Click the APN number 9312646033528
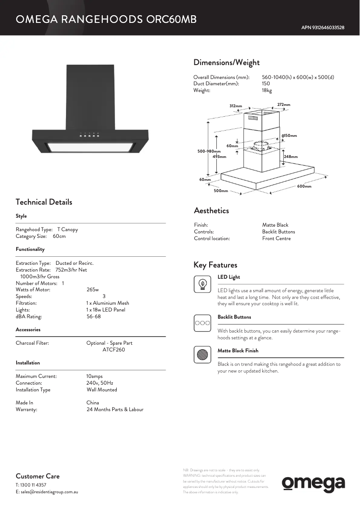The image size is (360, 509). tap(323, 28)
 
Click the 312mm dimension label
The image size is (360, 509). tap(236, 106)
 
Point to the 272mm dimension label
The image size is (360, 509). tap(284, 105)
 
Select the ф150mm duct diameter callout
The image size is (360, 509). tap(289, 136)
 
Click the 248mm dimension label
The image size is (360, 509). tap(291, 157)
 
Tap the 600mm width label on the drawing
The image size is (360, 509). tap(304, 186)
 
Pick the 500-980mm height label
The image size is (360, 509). tap(209, 151)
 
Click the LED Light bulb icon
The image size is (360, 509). tap(203, 284)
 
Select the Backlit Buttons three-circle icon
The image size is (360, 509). tap(202, 323)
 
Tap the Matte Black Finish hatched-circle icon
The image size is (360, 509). tap(203, 355)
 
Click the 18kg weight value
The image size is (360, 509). tap(267, 91)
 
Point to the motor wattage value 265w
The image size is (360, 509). tap(92, 290)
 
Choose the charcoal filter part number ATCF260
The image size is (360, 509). tap(114, 350)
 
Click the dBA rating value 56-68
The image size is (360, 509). tap(94, 316)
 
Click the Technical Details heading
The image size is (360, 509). tap(44, 202)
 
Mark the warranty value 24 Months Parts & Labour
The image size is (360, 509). tap(115, 409)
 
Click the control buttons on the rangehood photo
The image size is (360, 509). tap(90, 134)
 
